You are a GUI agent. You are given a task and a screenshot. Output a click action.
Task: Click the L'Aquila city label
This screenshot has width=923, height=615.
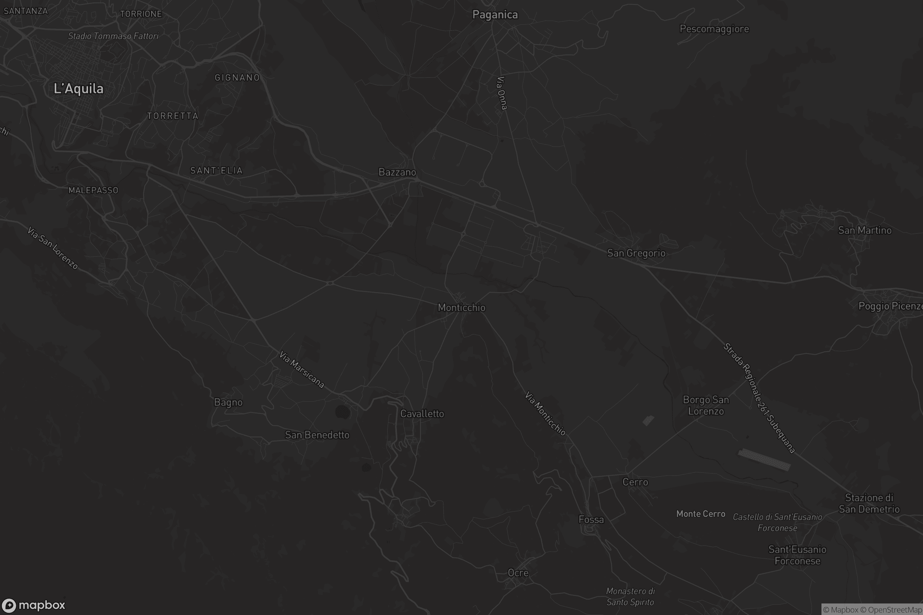(78, 89)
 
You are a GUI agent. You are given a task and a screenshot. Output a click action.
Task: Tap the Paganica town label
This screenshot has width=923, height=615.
(495, 15)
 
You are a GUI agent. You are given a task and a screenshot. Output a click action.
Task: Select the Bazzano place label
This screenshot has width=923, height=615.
(397, 172)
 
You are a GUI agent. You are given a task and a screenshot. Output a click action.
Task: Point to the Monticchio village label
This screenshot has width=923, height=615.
(461, 307)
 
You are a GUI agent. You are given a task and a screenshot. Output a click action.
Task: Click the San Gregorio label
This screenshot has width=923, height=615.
(636, 253)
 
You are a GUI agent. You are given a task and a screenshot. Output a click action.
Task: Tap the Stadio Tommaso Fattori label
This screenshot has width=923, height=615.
(113, 36)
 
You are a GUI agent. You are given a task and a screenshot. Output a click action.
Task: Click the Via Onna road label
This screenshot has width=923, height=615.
(501, 93)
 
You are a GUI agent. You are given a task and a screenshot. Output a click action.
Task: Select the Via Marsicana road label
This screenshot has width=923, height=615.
(302, 369)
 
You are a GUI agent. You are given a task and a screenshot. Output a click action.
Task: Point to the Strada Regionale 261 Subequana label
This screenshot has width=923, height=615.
(759, 398)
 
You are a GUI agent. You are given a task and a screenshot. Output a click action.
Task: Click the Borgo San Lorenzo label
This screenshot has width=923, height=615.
(706, 406)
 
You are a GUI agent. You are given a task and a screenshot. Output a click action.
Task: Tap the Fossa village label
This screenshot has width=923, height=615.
(591, 520)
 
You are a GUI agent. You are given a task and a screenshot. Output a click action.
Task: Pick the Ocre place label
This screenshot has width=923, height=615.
(518, 573)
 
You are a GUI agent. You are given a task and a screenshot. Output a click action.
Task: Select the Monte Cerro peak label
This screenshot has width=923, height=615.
(700, 514)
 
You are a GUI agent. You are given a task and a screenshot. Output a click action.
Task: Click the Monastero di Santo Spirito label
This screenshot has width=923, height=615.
(630, 597)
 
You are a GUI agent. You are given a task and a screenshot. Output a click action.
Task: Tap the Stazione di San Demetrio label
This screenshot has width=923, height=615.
(869, 504)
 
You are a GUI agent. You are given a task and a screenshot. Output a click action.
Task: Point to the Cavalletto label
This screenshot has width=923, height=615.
(422, 414)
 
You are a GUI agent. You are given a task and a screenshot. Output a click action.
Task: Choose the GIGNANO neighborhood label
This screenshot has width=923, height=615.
(237, 78)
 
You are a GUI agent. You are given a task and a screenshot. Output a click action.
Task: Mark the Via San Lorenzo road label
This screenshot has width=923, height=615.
(53, 248)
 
